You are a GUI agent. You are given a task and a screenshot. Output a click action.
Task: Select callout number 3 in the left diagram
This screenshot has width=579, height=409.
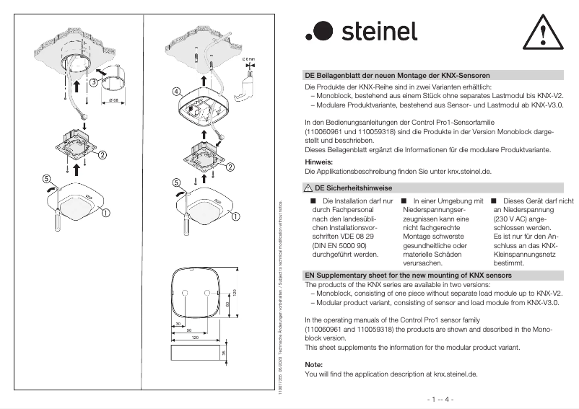coord(94,82)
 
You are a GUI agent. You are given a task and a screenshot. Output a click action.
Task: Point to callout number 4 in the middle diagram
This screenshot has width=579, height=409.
coord(176,92)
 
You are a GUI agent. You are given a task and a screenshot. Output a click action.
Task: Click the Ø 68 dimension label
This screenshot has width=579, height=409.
coord(114,100)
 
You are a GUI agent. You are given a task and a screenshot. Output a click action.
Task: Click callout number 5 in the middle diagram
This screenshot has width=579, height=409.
coord(176,182)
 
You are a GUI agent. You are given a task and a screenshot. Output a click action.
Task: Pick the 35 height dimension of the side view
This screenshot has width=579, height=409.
coord(224,353)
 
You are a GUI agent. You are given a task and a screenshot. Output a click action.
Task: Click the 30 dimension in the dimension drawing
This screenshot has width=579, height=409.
coord(178,324)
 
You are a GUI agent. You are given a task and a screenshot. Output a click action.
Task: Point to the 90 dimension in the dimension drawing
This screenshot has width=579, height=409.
coord(190,330)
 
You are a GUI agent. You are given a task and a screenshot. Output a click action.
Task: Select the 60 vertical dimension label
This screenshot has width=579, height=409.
coord(227,304)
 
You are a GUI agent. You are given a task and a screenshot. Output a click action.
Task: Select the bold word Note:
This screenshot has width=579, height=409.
coord(314,365)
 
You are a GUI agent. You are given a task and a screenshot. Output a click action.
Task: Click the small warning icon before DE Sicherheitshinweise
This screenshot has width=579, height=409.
coord(308,188)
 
